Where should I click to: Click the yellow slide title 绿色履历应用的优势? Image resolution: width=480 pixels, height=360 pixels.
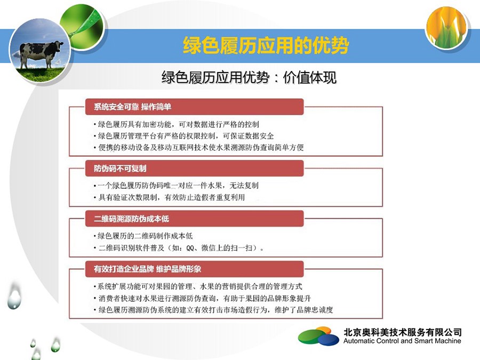click(266, 46)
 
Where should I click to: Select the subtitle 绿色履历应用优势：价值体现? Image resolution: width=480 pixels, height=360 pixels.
click(249, 77)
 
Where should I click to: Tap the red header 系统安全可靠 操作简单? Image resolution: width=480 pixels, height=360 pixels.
click(194, 107)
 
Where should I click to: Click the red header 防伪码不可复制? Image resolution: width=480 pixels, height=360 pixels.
click(194, 169)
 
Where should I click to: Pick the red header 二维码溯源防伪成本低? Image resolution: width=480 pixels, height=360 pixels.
click(194, 219)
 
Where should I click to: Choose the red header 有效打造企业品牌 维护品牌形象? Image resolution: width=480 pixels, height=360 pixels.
click(194, 269)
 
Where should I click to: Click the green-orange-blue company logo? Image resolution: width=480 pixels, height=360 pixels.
click(319, 336)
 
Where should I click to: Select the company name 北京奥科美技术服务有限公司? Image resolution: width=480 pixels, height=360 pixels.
click(402, 332)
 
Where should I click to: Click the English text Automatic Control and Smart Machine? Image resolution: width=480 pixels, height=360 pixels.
click(402, 341)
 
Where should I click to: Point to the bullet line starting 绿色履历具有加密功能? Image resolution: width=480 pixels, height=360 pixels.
click(177, 124)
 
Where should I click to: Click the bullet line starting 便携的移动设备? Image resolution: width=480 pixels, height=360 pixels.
click(199, 148)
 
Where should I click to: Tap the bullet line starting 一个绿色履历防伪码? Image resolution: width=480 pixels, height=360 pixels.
click(176, 186)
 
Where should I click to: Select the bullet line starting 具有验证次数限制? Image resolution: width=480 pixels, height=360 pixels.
click(169, 197)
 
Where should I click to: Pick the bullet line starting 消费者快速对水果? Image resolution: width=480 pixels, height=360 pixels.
click(202, 298)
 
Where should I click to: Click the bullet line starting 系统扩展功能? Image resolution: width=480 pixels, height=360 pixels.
click(198, 286)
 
